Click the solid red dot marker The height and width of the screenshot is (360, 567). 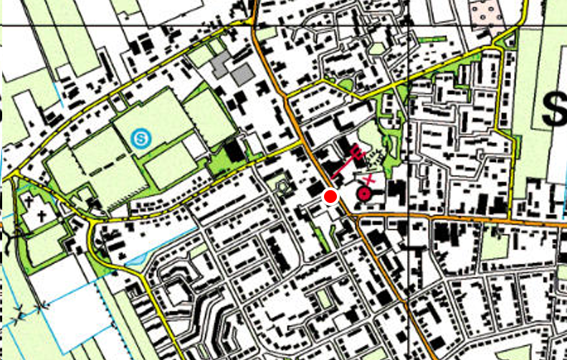[x=330, y=196]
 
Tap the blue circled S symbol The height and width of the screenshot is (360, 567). [x=142, y=135]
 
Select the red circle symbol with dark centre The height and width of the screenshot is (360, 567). [x=364, y=193]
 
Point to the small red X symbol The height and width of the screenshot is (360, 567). [x=369, y=178]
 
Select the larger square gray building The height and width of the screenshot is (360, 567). [x=242, y=72]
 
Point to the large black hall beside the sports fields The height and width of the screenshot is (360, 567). [x=233, y=150]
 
